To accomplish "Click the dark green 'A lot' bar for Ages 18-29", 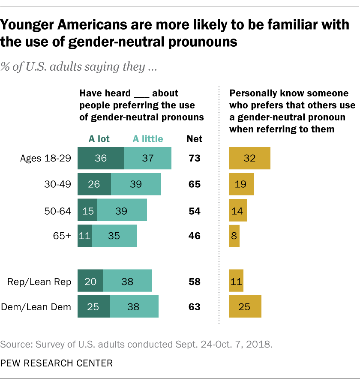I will pyautogui.click(x=100, y=158).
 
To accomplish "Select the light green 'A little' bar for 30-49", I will pyautogui.click(x=136, y=184).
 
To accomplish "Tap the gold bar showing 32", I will pyautogui.click(x=250, y=158).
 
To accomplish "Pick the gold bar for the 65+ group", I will pyautogui.click(x=234, y=236).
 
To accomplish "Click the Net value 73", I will pyautogui.click(x=194, y=158).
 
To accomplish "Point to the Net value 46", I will pyautogui.click(x=194, y=236).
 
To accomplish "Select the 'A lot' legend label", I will pyautogui.click(x=99, y=138).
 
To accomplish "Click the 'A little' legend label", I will pyautogui.click(x=147, y=138).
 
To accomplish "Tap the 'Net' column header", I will pyautogui.click(x=194, y=138).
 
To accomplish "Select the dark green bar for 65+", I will pyautogui.click(x=84, y=236).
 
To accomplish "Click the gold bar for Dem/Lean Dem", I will pyautogui.click(x=246, y=306).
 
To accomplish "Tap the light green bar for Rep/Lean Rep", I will pyautogui.click(x=128, y=282).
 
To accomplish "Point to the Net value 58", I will pyautogui.click(x=194, y=282).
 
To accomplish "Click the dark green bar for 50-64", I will pyautogui.click(x=87, y=210).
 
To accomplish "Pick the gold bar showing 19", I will pyautogui.click(x=241, y=184).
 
